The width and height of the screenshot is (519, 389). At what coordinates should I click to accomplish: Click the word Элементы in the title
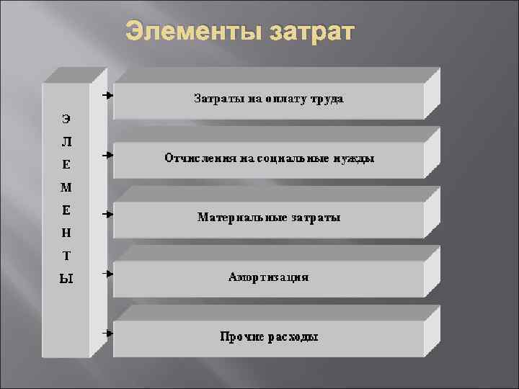193,32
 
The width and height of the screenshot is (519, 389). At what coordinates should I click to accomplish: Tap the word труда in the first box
327,99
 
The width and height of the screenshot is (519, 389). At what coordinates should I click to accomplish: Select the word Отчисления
197,158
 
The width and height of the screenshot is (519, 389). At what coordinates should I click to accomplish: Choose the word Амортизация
268,277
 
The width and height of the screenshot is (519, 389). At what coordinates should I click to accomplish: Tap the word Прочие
237,336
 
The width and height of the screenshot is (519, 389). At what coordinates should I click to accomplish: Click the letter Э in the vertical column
66,117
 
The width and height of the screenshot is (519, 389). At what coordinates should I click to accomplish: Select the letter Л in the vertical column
66,140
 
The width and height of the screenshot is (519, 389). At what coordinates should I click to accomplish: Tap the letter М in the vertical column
66,187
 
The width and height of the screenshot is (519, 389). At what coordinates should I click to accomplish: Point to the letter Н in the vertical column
66,233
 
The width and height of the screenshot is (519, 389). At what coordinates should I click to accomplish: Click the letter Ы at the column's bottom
66,279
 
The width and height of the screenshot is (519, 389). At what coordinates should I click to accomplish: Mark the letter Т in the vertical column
66,256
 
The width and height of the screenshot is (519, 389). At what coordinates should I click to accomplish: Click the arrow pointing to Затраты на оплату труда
107,95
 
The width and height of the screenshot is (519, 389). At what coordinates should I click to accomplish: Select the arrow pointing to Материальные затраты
107,214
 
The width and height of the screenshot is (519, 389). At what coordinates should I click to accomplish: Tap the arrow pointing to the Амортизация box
107,274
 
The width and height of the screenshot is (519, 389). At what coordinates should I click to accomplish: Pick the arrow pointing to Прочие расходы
107,334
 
